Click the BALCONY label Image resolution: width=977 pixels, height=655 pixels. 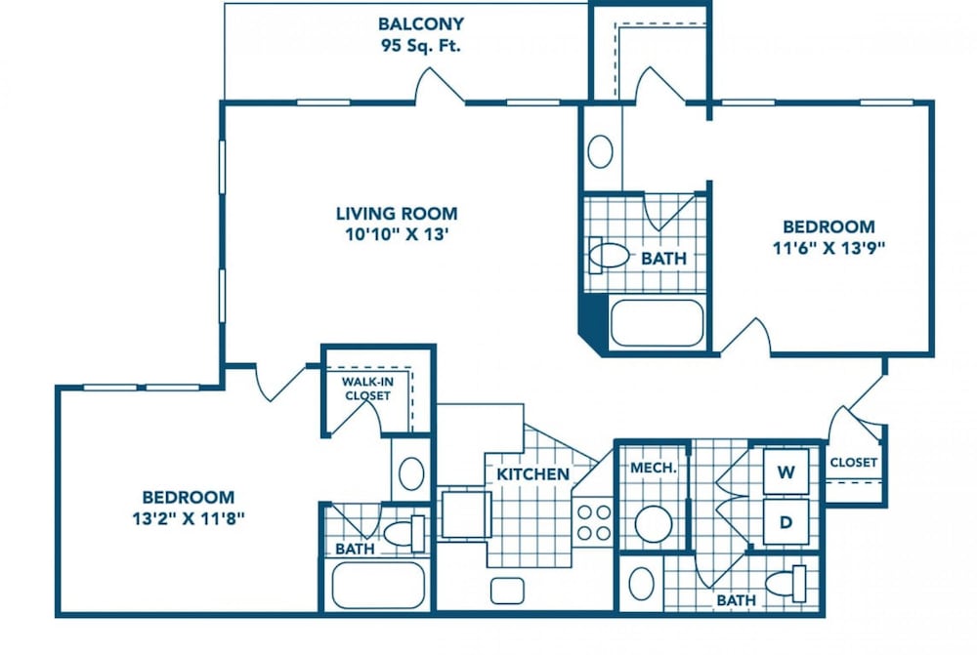[421, 23]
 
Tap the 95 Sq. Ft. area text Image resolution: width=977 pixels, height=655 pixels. [421, 46]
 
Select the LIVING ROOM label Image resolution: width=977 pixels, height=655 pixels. [397, 214]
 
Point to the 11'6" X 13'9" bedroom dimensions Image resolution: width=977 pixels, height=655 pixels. [828, 248]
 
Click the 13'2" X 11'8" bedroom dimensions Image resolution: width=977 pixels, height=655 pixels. [189, 518]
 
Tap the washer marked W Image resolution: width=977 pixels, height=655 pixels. [786, 471]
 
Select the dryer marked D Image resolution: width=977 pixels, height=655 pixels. [786, 522]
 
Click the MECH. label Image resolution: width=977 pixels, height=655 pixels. [653, 468]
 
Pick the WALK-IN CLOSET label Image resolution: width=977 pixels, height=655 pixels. [367, 389]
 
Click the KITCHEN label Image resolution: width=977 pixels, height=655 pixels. [532, 474]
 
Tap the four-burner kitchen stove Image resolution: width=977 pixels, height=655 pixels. [594, 523]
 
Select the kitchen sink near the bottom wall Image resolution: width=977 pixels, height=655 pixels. [507, 591]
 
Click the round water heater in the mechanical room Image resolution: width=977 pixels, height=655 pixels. [653, 523]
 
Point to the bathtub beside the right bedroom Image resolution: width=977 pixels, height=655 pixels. [657, 323]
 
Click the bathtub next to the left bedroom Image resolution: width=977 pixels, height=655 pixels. [378, 586]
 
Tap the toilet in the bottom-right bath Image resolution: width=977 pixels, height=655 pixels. [786, 584]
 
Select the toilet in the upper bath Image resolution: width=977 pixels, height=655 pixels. [608, 256]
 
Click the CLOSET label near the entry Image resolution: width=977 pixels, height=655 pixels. [854, 463]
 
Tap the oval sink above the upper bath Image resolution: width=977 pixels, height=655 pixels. [601, 151]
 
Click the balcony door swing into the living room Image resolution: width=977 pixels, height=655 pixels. [440, 85]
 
